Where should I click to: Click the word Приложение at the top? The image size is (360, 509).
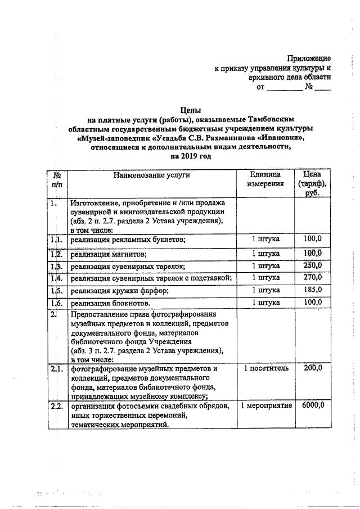[309, 58]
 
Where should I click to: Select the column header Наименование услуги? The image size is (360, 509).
[151, 175]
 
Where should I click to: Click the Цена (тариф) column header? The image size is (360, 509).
[312, 183]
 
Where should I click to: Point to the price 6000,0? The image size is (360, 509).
[312, 406]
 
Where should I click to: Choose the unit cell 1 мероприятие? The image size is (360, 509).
[265, 406]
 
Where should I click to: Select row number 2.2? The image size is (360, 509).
[56, 406]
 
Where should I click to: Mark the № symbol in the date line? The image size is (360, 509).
[308, 87]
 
